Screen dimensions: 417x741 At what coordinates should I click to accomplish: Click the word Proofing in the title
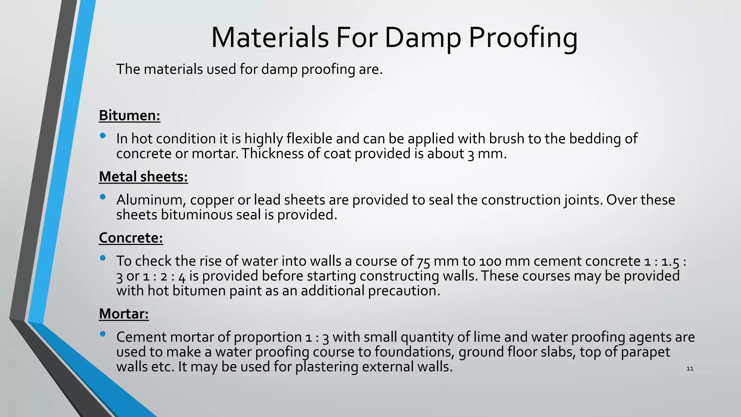click(x=523, y=38)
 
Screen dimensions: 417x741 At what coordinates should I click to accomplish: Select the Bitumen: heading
click(x=130, y=115)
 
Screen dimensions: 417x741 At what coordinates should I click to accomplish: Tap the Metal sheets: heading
click(x=143, y=177)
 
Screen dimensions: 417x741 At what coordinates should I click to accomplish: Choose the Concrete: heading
click(x=131, y=238)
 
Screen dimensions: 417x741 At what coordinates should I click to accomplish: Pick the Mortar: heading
click(x=124, y=313)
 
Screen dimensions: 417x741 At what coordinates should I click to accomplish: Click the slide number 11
click(x=690, y=368)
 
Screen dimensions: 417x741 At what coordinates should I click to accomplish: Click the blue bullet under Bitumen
click(x=103, y=136)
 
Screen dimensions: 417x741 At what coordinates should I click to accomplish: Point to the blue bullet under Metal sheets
click(x=103, y=197)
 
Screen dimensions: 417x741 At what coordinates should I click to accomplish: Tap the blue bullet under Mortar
click(x=103, y=334)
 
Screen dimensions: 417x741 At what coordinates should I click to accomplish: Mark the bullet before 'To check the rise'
click(x=103, y=258)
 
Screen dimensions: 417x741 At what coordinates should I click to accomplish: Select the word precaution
click(x=404, y=291)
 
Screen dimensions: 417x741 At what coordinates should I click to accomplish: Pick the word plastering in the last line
click(x=326, y=367)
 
